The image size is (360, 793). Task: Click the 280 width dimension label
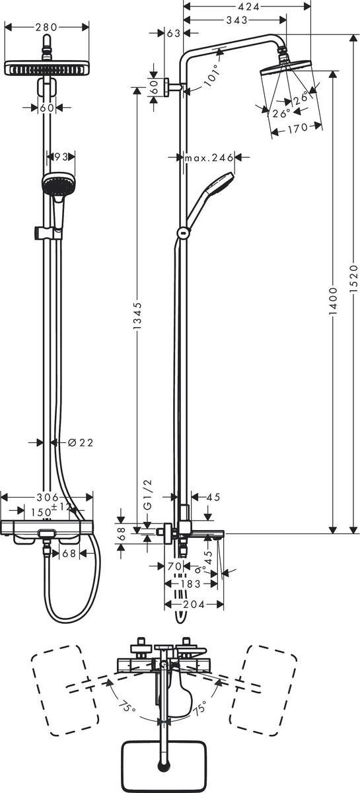click(x=46, y=27)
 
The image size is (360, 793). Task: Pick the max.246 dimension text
click(x=209, y=157)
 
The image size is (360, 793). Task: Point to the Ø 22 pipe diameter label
click(x=81, y=442)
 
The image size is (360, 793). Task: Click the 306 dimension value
click(x=46, y=497)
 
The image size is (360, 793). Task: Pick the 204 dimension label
click(x=194, y=604)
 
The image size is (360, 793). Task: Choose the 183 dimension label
click(x=192, y=584)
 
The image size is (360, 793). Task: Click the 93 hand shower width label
click(x=61, y=157)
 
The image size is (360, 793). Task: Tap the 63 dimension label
click(x=174, y=32)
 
